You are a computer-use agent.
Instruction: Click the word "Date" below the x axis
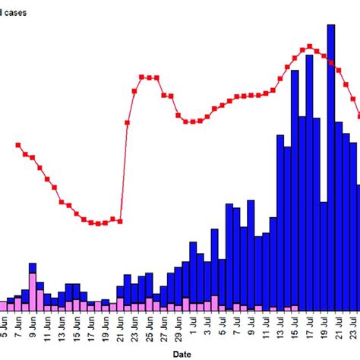(181, 353)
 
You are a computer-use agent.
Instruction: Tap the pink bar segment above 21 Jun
(120, 305)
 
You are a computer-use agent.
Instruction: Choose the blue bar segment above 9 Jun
(33, 278)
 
